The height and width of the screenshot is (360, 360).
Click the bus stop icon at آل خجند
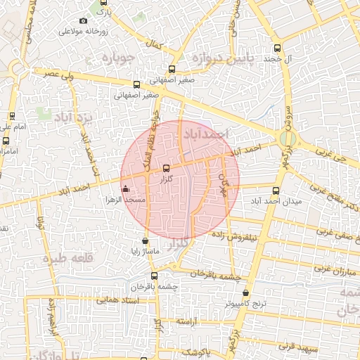pyautogui.click(x=277, y=49)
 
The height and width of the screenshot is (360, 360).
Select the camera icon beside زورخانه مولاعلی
pyautogui.click(x=84, y=20)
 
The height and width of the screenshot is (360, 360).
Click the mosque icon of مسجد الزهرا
pyautogui.click(x=126, y=188)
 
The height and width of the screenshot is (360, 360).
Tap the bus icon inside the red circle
pyautogui.click(x=166, y=168)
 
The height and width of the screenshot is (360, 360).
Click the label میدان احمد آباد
pyautogui.click(x=276, y=200)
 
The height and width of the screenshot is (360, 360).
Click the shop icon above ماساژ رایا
pyautogui.click(x=146, y=240)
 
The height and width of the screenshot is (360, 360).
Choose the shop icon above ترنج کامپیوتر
pyautogui.click(x=245, y=292)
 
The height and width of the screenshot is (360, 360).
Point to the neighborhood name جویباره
pyautogui.click(x=117, y=58)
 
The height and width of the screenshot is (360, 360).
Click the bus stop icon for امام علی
pyautogui.click(x=12, y=116)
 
